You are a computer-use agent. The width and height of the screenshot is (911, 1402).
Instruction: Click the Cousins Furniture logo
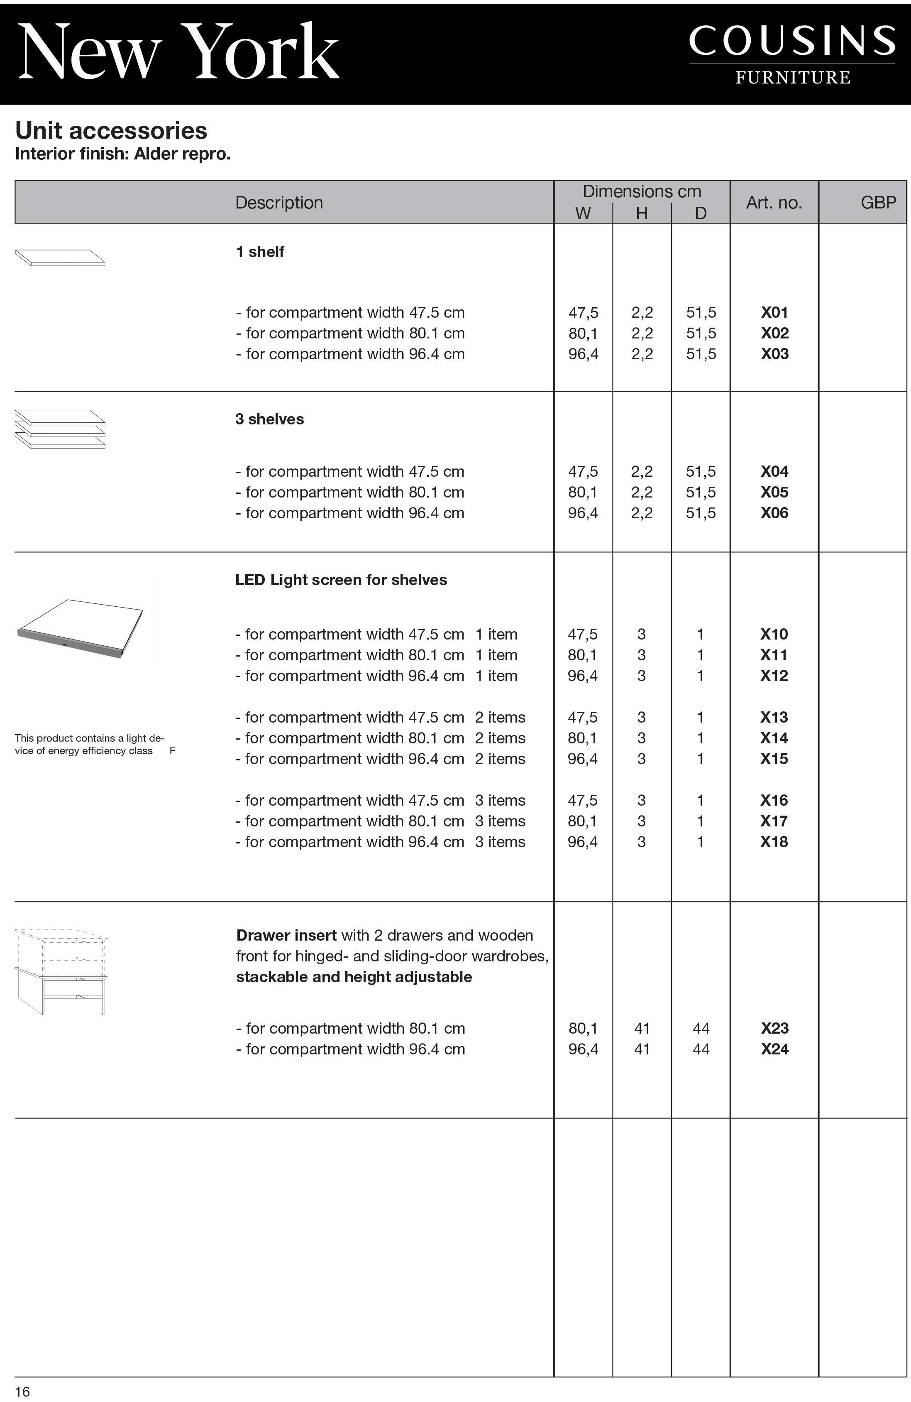[792, 54]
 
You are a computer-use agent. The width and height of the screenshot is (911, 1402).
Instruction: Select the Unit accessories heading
[111, 130]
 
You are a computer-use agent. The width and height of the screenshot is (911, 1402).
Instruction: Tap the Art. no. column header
[774, 203]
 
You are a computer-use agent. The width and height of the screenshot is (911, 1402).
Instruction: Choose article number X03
[774, 354]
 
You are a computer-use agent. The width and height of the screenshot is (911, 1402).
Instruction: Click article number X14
[774, 738]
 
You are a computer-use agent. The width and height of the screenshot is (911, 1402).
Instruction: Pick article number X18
[774, 842]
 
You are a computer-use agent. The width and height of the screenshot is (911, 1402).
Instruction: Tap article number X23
[774, 1029]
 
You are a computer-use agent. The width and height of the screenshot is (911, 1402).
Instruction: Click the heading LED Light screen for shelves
[341, 580]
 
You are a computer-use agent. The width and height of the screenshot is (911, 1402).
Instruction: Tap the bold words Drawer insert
[286, 936]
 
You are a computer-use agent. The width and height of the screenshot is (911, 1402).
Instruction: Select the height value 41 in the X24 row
[642, 1049]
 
